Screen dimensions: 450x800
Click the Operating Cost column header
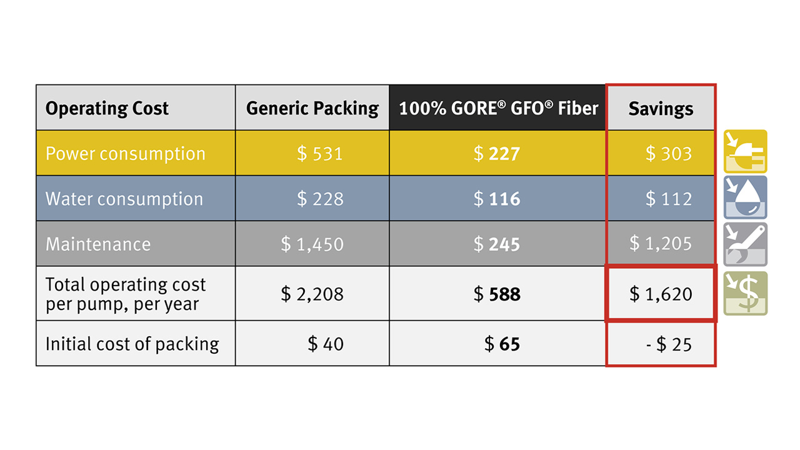coord(107,109)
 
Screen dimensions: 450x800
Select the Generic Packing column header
coord(312,109)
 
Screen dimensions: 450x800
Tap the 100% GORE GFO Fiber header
coord(498,109)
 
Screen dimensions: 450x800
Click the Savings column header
coord(661,109)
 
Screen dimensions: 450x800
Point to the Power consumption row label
coord(126,154)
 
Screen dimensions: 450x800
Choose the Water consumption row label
coord(124,199)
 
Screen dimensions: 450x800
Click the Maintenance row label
coord(98,244)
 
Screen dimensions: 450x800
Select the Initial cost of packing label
coord(132,344)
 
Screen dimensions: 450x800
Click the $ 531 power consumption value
coord(320,154)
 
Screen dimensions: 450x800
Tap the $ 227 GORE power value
coord(497,154)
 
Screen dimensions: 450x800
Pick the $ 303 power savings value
coord(669,154)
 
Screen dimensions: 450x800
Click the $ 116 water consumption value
coord(497,199)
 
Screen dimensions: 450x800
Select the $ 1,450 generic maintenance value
coord(312,244)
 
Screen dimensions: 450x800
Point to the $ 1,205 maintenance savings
coord(661,244)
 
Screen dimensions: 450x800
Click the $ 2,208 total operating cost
coord(312,294)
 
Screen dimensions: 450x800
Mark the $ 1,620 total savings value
coord(661,294)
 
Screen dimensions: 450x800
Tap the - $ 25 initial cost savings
coord(669,344)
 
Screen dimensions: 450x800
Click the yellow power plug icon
coord(746,151)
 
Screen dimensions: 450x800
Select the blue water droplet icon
coord(746,197)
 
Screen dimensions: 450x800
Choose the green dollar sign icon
coord(746,293)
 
